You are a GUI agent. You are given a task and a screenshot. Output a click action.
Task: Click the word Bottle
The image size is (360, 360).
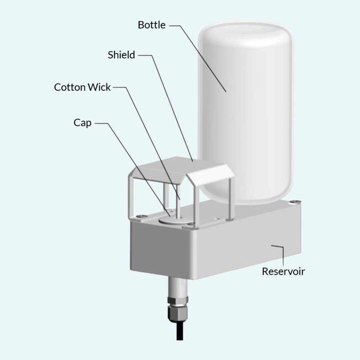(x=152, y=25)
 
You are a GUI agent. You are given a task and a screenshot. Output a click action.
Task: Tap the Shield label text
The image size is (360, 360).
(x=121, y=55)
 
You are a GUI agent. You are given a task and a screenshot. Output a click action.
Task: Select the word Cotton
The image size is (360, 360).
(x=70, y=87)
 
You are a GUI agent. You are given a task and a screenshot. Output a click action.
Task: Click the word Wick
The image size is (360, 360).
(x=99, y=87)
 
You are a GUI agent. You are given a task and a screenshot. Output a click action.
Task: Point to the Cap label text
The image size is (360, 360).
(x=82, y=123)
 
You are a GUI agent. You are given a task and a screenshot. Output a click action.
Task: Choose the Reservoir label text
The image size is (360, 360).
(x=283, y=271)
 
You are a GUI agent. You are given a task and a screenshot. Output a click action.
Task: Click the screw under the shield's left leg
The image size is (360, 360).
(x=140, y=216)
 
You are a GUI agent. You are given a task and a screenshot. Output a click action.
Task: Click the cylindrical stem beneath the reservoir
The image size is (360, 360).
(x=177, y=286)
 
